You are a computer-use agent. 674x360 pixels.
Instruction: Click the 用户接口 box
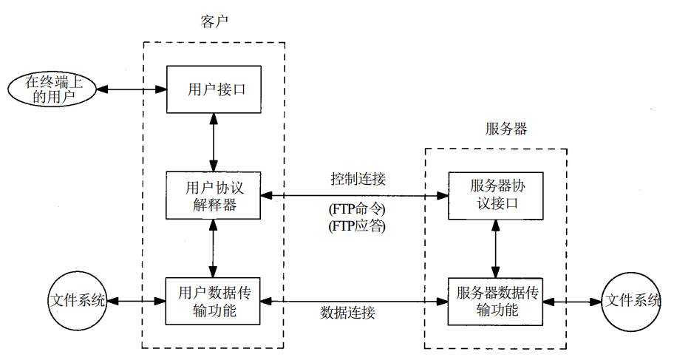213,89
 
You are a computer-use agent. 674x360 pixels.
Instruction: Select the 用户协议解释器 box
213,195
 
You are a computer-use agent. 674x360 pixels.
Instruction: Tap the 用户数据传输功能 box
213,301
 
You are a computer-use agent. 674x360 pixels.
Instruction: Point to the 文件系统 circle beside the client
76,301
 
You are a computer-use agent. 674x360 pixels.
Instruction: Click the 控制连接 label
358,179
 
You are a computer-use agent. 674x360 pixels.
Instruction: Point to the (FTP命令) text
358,209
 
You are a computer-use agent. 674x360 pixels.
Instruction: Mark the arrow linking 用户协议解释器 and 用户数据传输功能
213,248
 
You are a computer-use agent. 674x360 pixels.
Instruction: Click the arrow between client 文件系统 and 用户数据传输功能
135,301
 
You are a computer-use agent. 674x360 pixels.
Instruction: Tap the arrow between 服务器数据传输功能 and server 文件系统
572,302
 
